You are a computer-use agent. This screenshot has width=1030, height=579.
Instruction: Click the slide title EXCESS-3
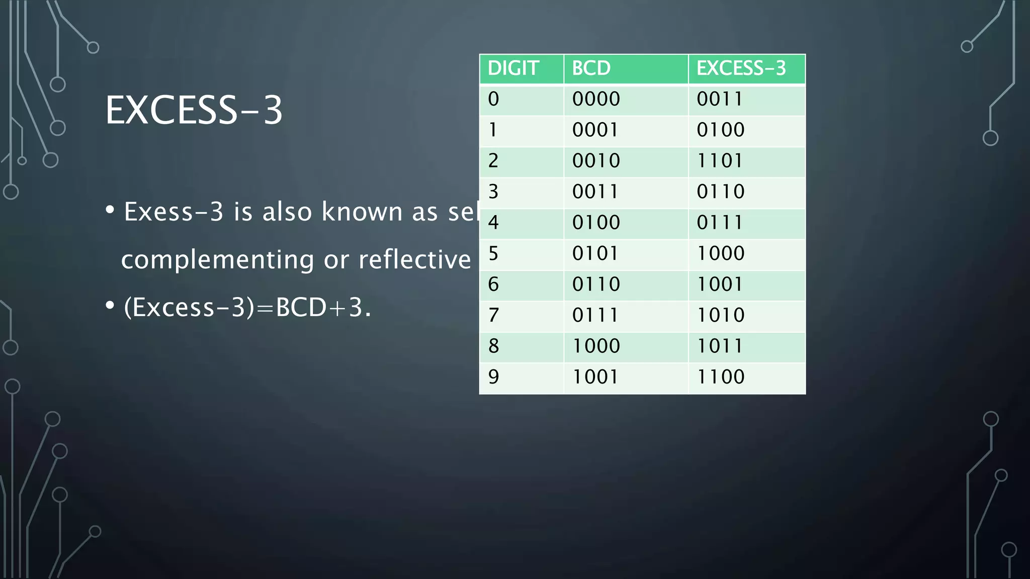click(x=194, y=110)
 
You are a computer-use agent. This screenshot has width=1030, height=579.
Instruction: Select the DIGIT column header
click(x=513, y=68)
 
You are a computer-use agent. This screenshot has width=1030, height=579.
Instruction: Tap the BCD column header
click(x=591, y=68)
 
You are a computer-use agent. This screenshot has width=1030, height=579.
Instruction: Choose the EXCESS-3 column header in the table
click(x=741, y=68)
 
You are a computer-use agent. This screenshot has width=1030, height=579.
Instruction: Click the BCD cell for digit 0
click(x=596, y=99)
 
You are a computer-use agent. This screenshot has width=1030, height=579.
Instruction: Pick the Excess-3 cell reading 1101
click(x=720, y=161)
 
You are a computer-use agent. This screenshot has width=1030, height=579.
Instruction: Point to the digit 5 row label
click(x=493, y=253)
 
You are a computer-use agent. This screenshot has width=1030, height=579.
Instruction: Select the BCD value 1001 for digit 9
click(x=595, y=377)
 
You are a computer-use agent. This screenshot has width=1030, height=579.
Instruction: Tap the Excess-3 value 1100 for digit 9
click(x=720, y=377)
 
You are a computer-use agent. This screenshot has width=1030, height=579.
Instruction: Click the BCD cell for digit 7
click(x=595, y=315)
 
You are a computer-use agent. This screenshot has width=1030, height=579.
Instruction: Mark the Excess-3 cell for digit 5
click(x=720, y=253)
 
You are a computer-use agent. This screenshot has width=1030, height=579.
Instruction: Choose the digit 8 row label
click(x=493, y=346)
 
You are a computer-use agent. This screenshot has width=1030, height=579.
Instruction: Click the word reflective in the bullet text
click(x=414, y=259)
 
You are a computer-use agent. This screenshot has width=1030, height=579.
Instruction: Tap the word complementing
click(x=218, y=260)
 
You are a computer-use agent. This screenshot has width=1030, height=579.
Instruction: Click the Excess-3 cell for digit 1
click(x=720, y=130)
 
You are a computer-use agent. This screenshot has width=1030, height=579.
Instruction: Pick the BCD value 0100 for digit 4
click(x=596, y=222)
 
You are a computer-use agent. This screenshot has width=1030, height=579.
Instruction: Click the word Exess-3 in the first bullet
click(x=174, y=212)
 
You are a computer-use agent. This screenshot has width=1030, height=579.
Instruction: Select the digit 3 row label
click(x=493, y=191)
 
